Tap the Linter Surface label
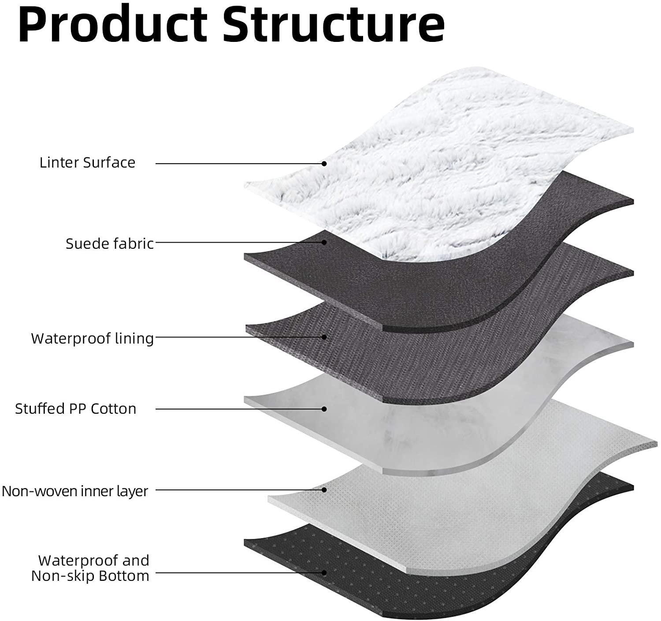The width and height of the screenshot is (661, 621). point(87,163)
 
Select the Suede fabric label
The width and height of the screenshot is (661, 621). point(110,243)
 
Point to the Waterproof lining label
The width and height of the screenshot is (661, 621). point(93,338)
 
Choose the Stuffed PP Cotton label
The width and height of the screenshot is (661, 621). point(75,409)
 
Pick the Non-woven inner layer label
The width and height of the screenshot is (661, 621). point(75,491)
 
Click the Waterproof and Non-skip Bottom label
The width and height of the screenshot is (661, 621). point(90,568)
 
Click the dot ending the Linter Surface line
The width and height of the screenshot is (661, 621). point(324,163)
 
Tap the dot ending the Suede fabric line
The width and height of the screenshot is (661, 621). point(324,242)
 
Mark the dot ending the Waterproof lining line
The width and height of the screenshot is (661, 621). point(324,337)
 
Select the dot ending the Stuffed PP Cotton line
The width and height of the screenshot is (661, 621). point(324,409)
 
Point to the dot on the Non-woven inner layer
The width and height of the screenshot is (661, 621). point(324,490)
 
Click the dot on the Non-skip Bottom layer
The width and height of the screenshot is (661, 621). point(324,573)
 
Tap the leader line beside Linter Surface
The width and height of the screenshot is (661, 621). point(238,164)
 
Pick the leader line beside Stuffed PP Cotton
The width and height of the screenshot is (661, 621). point(238,409)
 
